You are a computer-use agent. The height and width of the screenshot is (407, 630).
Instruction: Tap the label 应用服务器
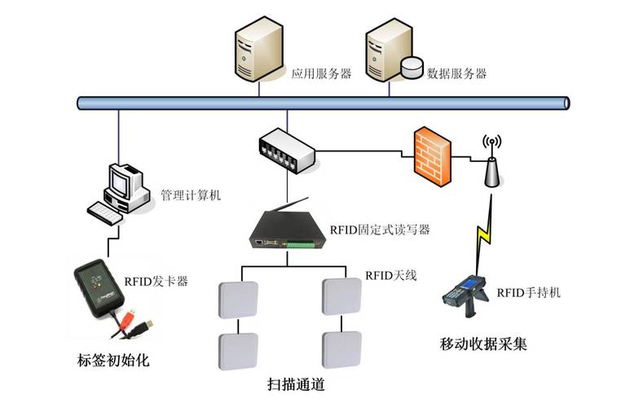click(x=321, y=73)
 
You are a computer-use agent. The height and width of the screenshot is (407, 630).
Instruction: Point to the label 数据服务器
click(x=456, y=73)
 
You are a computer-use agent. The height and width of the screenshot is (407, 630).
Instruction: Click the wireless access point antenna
click(x=491, y=162)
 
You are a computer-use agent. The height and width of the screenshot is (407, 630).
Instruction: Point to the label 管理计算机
click(x=191, y=195)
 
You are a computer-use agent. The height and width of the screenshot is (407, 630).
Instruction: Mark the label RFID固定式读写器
click(x=380, y=230)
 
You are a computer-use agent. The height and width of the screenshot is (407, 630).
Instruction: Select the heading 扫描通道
click(x=302, y=383)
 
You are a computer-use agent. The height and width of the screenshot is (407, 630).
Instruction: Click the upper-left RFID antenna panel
click(x=238, y=300)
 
